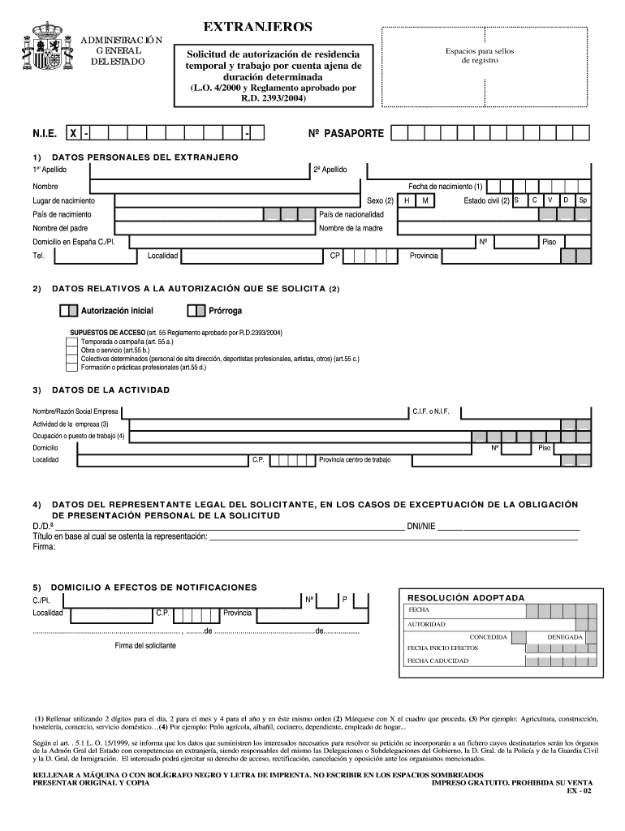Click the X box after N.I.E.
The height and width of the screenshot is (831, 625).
click(73, 132)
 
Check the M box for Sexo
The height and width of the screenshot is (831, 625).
click(425, 200)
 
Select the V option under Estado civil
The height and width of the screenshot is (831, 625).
click(550, 200)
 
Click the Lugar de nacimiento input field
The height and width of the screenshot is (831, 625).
click(235, 200)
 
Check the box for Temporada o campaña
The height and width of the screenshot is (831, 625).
click(71, 342)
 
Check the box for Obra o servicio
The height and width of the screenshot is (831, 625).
click(71, 351)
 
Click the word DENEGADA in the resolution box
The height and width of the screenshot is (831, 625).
click(565, 637)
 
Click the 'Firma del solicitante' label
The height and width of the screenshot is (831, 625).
click(145, 645)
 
